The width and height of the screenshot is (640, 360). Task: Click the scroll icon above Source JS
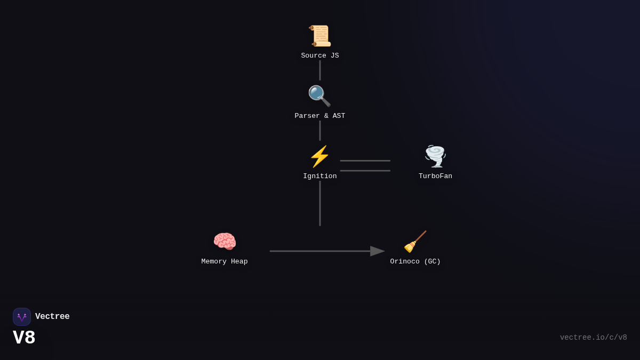click(x=320, y=36)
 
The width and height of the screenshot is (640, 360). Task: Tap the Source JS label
click(x=320, y=55)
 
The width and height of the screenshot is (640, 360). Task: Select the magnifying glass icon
click(x=319, y=96)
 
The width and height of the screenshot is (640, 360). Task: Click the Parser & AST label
click(x=320, y=116)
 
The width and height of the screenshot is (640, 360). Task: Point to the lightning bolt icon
click(x=319, y=156)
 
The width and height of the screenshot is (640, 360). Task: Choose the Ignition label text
click(x=320, y=176)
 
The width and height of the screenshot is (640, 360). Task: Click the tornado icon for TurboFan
click(x=435, y=156)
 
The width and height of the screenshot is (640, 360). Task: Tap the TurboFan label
click(x=435, y=176)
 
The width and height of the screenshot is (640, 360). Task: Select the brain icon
click(x=225, y=242)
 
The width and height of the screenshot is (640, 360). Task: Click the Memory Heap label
click(x=225, y=261)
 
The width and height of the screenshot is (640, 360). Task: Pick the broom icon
click(x=415, y=242)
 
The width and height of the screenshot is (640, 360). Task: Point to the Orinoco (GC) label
click(x=415, y=261)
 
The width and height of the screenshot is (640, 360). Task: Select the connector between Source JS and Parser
click(x=320, y=70)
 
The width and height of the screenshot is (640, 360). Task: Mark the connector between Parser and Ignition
click(x=320, y=131)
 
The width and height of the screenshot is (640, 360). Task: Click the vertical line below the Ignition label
click(x=320, y=203)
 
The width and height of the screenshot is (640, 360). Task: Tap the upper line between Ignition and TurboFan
click(x=365, y=161)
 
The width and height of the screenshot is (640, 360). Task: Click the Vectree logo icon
click(x=22, y=317)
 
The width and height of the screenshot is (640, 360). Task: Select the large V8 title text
click(x=24, y=338)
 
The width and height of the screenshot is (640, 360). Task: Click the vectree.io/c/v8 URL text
click(x=593, y=338)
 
